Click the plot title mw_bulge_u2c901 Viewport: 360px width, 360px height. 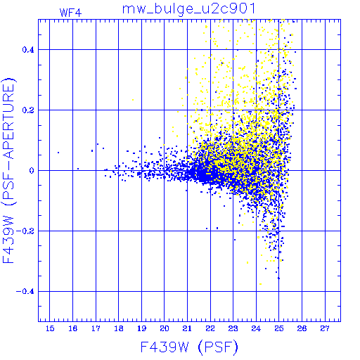[x=188, y=9]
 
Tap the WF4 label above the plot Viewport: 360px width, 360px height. [x=70, y=13]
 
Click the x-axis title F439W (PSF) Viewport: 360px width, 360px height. [x=189, y=347]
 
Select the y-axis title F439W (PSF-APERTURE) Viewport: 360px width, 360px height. [x=9, y=171]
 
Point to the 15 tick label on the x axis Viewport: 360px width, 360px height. [x=50, y=328]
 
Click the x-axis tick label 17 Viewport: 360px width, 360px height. [x=96, y=328]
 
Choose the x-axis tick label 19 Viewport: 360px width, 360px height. [x=141, y=328]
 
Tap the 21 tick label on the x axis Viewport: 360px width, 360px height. [x=187, y=328]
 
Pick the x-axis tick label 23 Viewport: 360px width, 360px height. [x=233, y=328]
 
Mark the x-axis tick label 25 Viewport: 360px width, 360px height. [x=279, y=328]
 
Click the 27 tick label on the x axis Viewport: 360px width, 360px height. [x=325, y=328]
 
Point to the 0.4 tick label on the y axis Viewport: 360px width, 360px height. [x=28, y=50]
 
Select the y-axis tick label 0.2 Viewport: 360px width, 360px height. [x=28, y=110]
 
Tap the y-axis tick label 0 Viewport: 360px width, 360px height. [x=32, y=171]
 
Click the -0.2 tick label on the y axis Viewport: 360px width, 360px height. [x=25, y=231]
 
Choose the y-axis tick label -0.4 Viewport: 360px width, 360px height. [x=25, y=292]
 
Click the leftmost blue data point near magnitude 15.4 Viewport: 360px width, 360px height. [x=58, y=153]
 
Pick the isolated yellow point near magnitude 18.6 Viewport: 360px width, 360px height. [x=133, y=100]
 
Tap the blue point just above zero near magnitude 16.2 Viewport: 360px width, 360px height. [x=78, y=169]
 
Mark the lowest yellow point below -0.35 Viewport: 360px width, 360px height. [x=260, y=284]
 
